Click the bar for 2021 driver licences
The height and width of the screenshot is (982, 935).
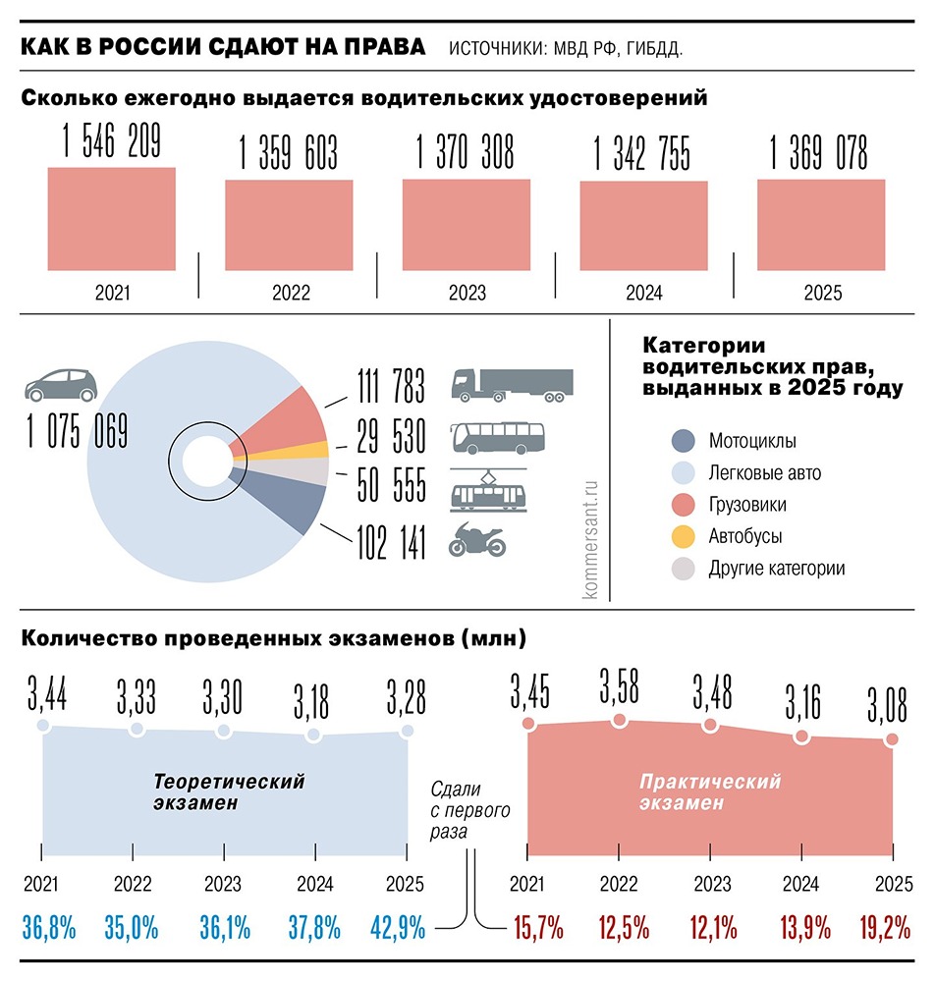[x=112, y=219]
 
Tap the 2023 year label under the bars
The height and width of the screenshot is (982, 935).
[x=467, y=293]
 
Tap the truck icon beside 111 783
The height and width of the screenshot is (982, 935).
[x=512, y=384]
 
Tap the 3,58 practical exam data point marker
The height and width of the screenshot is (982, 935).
[x=619, y=720]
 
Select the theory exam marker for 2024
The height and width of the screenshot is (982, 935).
[x=313, y=735]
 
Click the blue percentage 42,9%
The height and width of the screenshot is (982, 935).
[x=397, y=926]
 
